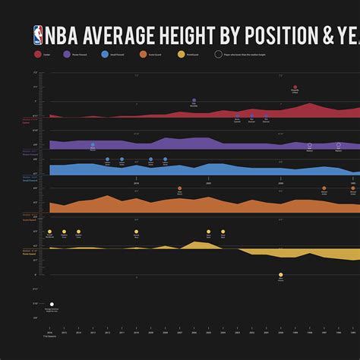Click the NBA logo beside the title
38,35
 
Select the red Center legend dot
37,54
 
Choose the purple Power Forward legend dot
67,54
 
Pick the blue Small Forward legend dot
104,54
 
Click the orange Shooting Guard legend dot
142,54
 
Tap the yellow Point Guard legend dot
180,54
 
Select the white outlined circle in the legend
219,54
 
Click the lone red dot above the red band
295,87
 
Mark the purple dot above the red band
194,100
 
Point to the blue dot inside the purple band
93,145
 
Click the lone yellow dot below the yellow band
280,275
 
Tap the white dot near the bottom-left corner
52,304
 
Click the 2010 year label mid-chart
137,183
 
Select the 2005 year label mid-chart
209,183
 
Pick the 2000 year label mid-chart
280,183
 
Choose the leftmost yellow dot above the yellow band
49,231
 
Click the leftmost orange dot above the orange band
179,188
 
